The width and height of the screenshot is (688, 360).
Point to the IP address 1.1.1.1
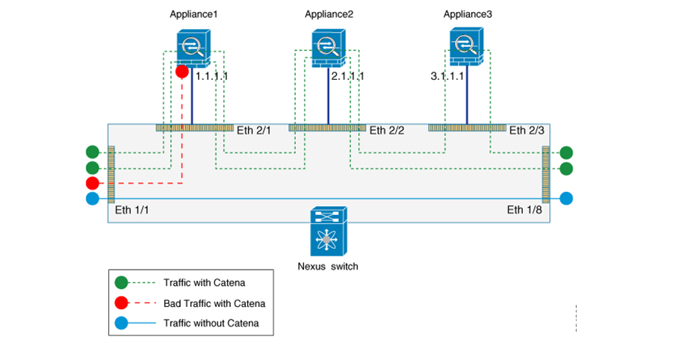[x=211, y=76]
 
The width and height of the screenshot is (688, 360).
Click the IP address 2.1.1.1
[x=347, y=76]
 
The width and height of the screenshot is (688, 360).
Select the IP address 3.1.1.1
[x=448, y=76]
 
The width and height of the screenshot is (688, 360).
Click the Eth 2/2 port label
[x=388, y=130]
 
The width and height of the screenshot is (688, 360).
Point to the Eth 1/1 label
[x=130, y=210]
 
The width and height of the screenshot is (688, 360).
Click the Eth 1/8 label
[x=525, y=210]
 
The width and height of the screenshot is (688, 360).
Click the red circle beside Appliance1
[x=181, y=72]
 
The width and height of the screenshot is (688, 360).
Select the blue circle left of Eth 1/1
[x=92, y=199]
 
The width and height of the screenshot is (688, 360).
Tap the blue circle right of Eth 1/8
[x=566, y=199]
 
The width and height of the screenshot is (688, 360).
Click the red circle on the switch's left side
[x=92, y=183]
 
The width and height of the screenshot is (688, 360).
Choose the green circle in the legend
[x=123, y=283]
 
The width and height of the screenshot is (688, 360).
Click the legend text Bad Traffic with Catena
[x=214, y=303]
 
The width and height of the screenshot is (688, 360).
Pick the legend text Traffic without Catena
[x=212, y=323]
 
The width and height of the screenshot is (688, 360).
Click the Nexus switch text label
[x=326, y=266]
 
